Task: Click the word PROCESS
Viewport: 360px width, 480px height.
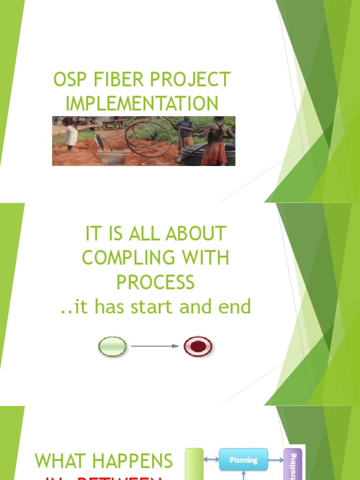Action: click(155, 283)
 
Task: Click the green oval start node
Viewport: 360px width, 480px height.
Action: click(112, 347)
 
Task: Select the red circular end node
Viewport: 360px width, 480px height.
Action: click(197, 347)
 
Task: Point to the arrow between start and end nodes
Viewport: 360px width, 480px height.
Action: click(155, 347)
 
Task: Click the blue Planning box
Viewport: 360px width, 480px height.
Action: click(243, 460)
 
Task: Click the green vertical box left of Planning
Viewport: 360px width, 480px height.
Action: click(194, 464)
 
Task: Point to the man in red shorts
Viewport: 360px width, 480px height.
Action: click(215, 143)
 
